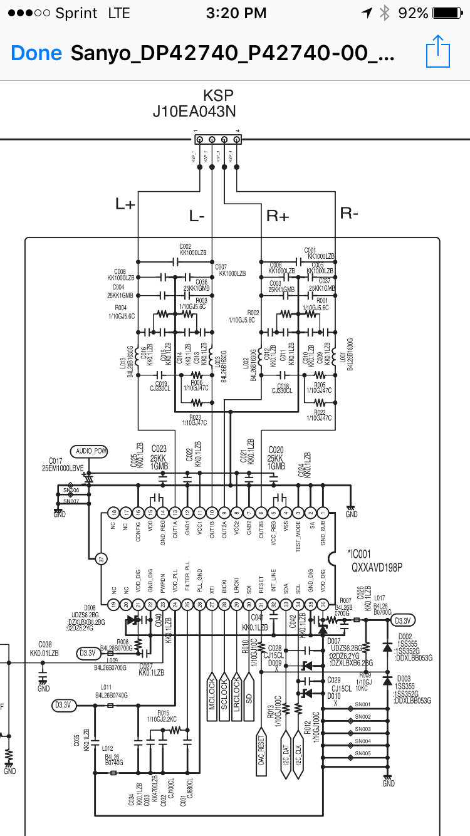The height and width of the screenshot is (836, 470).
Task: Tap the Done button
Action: coord(36,53)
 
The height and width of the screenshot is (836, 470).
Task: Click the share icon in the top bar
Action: coord(438,51)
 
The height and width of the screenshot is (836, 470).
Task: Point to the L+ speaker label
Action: coord(125,203)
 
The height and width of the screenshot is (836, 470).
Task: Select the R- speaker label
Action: coord(349,212)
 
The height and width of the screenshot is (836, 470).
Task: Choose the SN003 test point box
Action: coord(363,729)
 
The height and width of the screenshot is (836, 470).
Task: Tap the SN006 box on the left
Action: coord(71,490)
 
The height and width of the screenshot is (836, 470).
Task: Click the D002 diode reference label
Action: coord(405,637)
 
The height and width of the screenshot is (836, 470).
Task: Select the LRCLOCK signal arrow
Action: coord(237,693)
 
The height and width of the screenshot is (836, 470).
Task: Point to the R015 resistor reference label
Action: coord(163,713)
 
